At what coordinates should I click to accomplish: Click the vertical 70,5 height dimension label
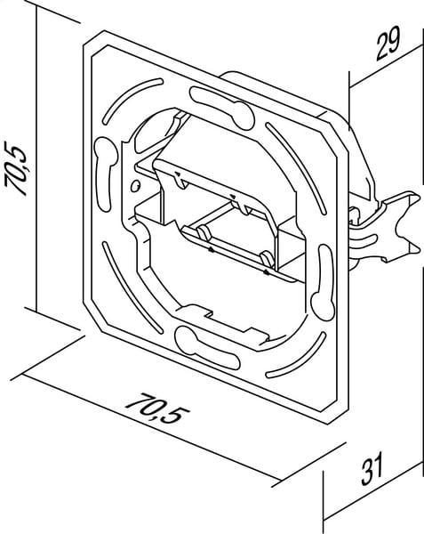coord(16,168)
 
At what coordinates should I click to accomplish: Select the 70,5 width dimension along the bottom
coord(157,408)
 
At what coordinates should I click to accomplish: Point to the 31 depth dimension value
coord(372,468)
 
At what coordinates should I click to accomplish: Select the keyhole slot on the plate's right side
coord(325,283)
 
